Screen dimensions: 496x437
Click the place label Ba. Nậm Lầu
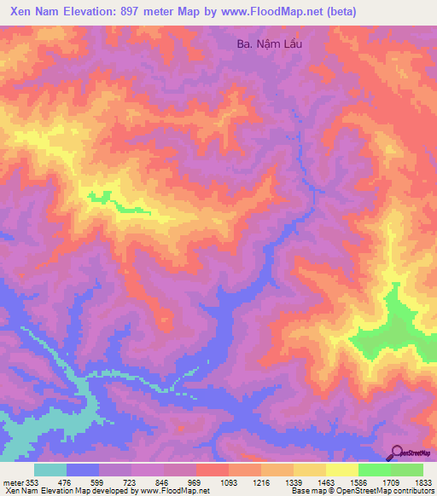pos(269,43)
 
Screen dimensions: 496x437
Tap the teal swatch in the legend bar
pos(50,470)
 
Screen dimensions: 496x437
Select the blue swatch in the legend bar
pos(83,470)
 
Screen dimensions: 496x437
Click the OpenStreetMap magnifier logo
pos(395,452)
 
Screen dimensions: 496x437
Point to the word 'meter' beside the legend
pos(10,482)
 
